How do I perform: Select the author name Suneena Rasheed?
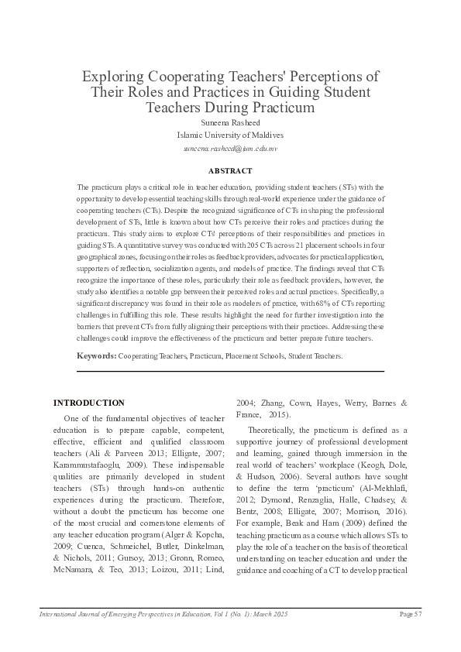tap(230, 123)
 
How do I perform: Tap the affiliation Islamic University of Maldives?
tap(230, 135)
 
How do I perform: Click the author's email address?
tap(230, 147)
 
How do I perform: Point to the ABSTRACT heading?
tap(230, 170)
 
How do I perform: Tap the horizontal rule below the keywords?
tap(230, 372)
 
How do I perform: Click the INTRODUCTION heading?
tap(88, 403)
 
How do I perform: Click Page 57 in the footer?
tap(410, 614)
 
